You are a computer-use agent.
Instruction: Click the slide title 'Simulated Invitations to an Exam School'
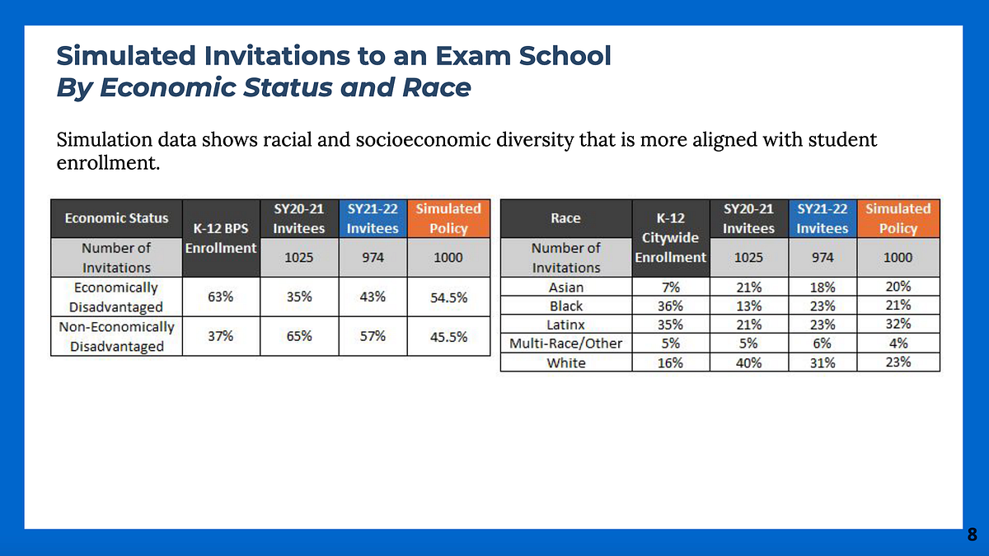(x=334, y=56)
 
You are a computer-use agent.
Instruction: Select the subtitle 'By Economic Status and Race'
(x=263, y=88)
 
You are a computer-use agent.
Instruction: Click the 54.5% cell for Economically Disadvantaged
(x=449, y=297)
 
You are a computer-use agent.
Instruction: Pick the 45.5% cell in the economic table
(x=449, y=337)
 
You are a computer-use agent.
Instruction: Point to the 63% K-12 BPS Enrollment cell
(x=220, y=297)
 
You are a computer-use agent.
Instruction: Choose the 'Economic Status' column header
(x=116, y=218)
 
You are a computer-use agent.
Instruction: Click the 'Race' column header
(x=565, y=218)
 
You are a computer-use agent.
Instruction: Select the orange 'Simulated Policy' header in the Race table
(x=898, y=218)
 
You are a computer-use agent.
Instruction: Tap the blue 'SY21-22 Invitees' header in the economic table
(x=373, y=218)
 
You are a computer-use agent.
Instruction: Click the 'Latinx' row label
(x=565, y=325)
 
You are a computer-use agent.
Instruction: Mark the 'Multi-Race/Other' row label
(x=565, y=343)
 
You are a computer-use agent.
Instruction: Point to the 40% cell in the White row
(x=748, y=362)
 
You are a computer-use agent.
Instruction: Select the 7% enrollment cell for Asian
(x=670, y=287)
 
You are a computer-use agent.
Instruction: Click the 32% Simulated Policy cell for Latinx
(x=898, y=325)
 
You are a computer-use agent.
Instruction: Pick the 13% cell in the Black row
(x=748, y=306)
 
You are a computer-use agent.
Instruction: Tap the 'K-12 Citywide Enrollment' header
(x=670, y=237)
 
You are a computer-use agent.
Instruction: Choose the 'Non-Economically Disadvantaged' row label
(x=116, y=337)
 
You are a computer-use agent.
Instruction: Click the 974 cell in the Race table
(x=822, y=257)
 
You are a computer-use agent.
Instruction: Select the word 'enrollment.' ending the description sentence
(x=106, y=163)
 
